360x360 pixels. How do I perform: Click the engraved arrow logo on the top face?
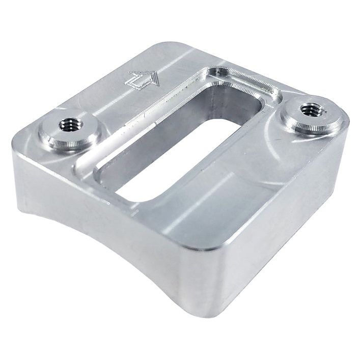pyautogui.click(x=142, y=78)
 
